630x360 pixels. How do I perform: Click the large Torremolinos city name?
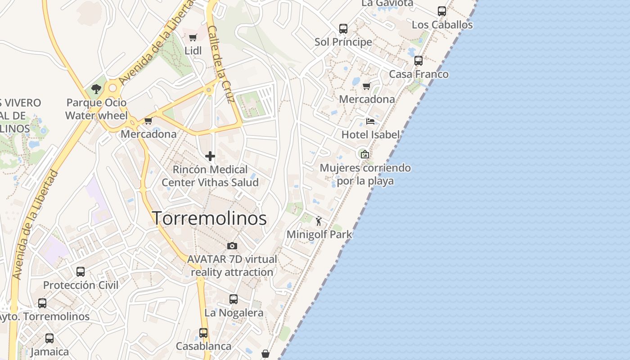click(x=209, y=219)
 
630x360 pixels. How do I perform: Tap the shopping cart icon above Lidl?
click(x=193, y=37)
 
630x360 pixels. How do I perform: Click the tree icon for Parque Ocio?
click(x=96, y=89)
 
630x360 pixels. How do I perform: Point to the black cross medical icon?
click(x=210, y=156)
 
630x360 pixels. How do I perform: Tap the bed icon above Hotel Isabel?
click(x=370, y=121)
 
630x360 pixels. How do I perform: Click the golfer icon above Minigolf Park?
click(x=319, y=220)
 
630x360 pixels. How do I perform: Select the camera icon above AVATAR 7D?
click(x=232, y=246)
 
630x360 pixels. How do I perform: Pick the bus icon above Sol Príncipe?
click(x=343, y=29)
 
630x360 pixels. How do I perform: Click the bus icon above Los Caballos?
click(x=442, y=11)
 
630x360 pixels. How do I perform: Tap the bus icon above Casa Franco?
click(x=418, y=61)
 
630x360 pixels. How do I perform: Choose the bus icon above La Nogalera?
click(x=234, y=299)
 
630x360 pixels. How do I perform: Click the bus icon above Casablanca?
click(x=203, y=333)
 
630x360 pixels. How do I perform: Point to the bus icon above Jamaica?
click(x=49, y=338)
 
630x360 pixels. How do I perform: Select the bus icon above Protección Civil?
click(x=81, y=272)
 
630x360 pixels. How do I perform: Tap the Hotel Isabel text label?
click(x=370, y=135)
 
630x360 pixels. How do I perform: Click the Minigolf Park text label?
click(x=319, y=234)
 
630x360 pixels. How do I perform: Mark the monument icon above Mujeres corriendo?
click(x=364, y=154)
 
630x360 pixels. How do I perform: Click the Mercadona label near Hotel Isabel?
click(x=367, y=99)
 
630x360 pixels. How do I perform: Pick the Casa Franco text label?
click(x=418, y=74)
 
